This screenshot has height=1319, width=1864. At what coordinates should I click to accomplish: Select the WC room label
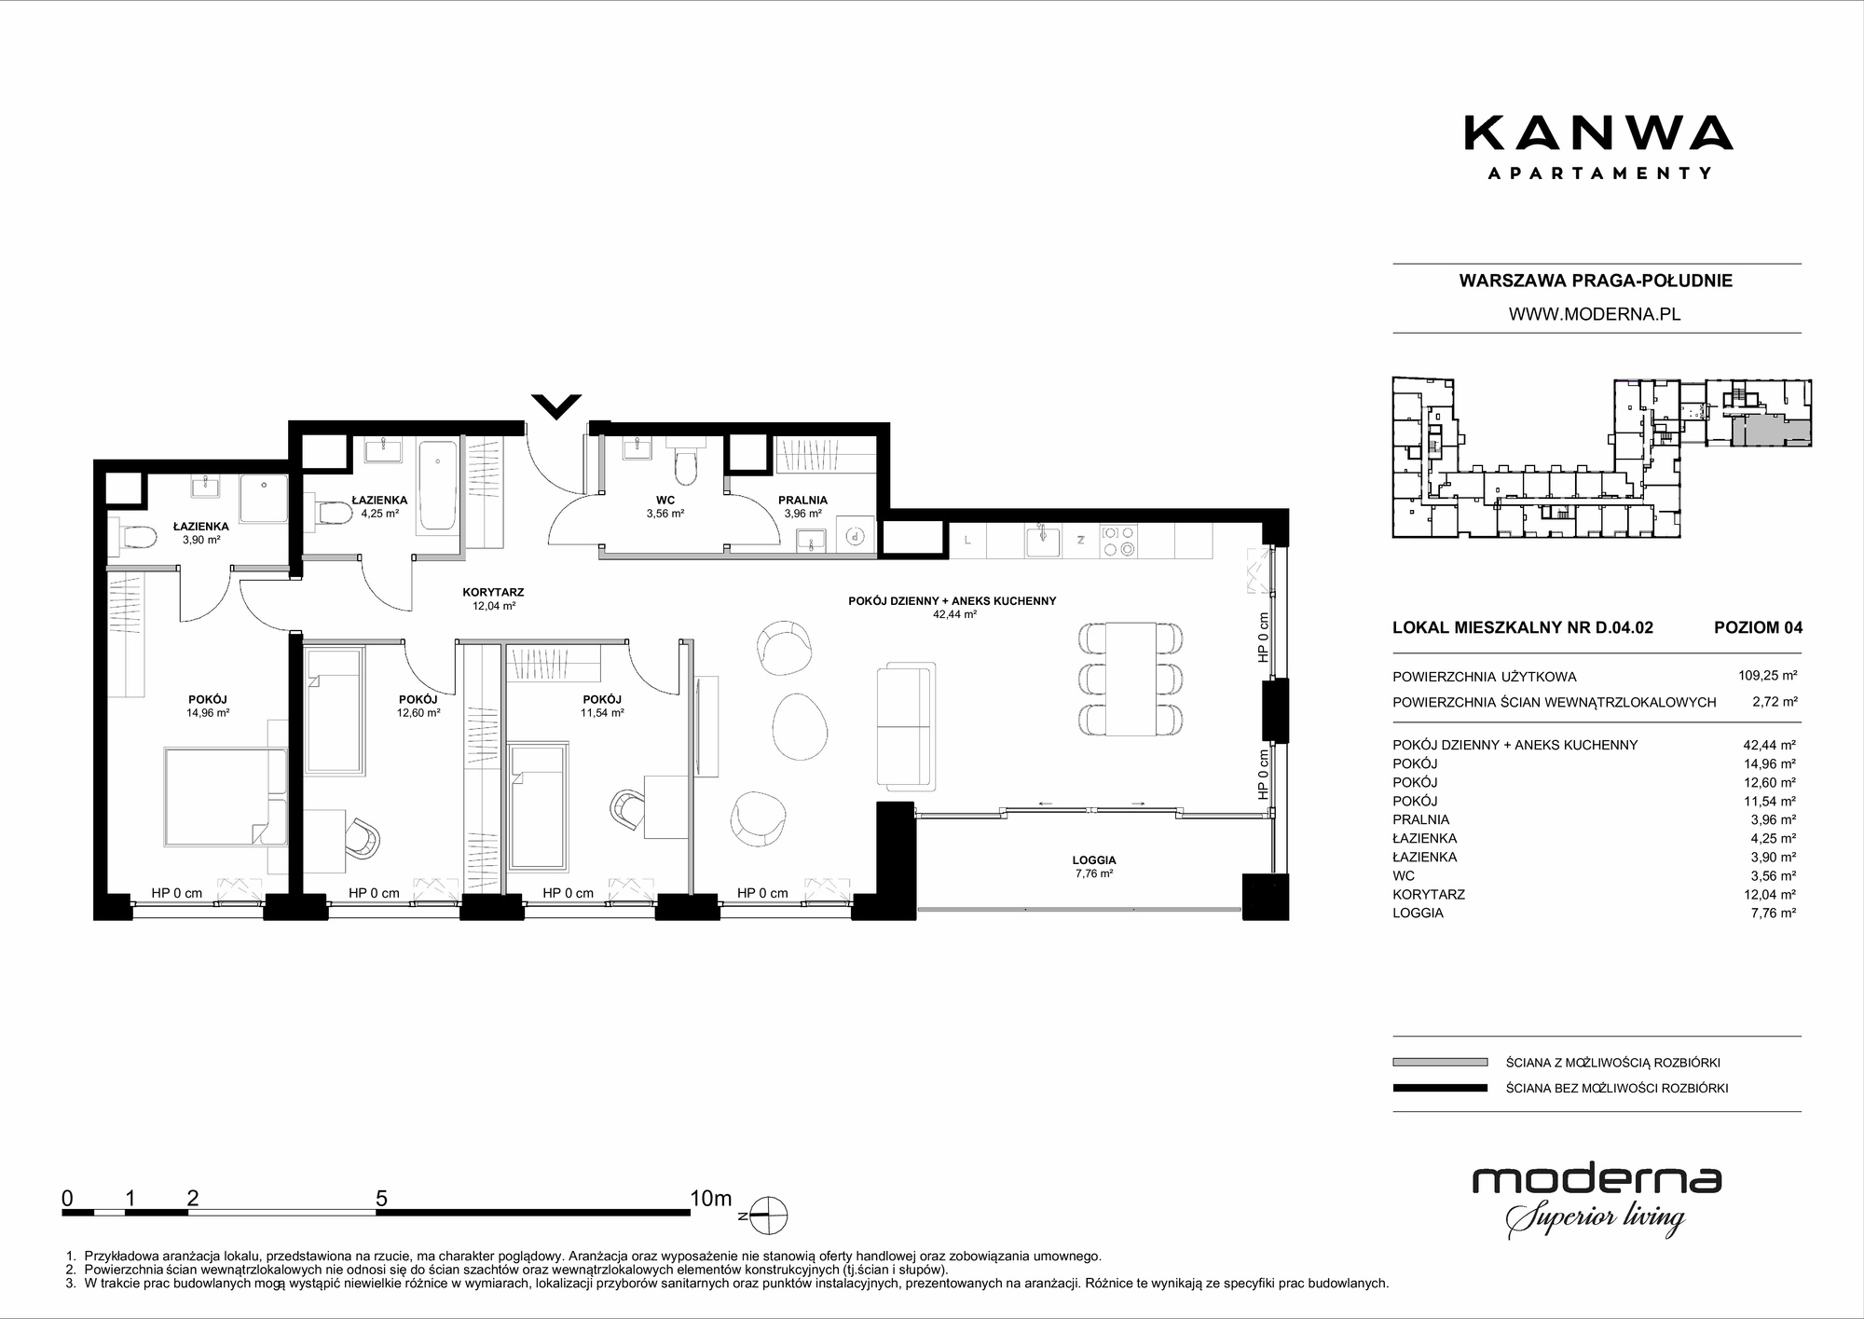665,501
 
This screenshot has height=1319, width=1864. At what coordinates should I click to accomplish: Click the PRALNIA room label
802,501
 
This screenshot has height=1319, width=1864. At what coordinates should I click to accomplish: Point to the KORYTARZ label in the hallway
493,592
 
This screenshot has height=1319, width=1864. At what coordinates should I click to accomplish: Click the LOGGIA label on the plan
1094,860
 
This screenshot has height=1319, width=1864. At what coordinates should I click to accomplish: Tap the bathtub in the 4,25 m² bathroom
438,486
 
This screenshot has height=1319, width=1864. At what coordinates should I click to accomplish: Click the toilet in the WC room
685,463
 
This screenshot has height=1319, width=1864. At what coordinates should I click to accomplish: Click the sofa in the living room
906,727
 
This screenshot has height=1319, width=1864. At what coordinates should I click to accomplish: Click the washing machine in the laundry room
857,535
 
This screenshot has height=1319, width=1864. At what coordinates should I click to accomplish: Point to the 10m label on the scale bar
711,1199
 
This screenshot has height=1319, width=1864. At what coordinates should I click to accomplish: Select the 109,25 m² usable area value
1768,676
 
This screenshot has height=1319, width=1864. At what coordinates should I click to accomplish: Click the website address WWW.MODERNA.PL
1595,314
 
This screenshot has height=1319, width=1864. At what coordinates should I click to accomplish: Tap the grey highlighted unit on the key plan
1771,433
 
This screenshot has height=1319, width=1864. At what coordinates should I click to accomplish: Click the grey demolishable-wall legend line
1440,1062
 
